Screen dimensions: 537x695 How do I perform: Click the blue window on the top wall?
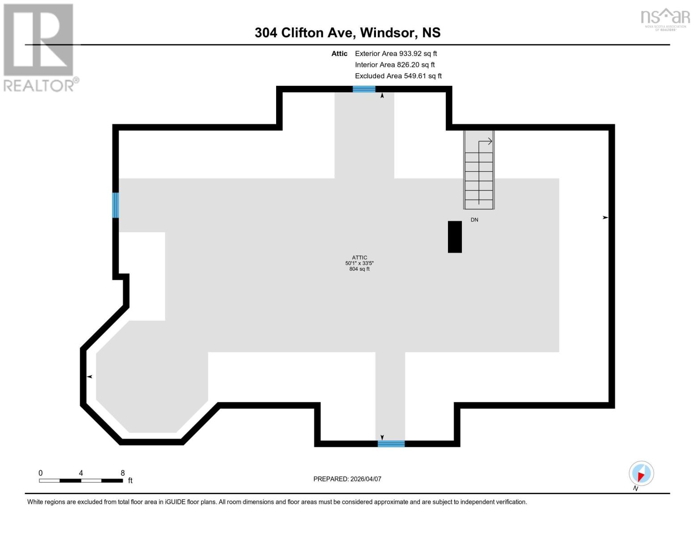point(364,89)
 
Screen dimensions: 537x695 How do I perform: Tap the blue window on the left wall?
point(115,205)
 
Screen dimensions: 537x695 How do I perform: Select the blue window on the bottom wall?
point(391,443)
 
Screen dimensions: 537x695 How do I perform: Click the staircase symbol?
point(479,170)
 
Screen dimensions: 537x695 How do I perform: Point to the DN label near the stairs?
point(474,220)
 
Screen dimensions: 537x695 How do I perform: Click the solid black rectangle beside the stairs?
point(455,237)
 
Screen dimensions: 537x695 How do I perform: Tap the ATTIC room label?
point(359,257)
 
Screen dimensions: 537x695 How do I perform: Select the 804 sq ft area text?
point(359,269)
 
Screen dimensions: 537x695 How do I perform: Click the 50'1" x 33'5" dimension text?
point(359,263)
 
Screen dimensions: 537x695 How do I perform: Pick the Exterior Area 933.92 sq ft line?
point(396,53)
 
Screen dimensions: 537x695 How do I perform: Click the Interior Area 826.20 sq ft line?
point(395,64)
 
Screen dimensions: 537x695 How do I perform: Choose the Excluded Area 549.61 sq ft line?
point(398,76)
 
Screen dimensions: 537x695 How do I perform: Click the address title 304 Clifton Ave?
point(347,33)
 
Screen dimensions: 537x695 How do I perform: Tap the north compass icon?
point(641,473)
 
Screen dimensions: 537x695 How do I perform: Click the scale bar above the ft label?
point(81,481)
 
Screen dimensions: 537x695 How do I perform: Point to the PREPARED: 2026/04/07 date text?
point(347,479)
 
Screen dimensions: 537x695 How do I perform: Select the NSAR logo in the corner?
point(665,19)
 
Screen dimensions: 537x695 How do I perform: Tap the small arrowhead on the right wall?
point(605,217)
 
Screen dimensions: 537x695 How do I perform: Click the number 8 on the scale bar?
point(123,473)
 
